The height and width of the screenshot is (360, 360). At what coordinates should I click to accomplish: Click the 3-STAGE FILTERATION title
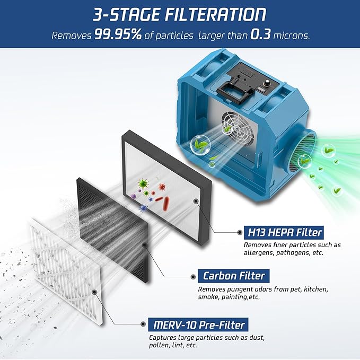(x=180, y=14)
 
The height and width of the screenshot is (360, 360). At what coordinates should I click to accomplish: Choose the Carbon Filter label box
(x=233, y=276)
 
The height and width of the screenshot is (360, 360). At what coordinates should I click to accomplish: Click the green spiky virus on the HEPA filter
(x=142, y=184)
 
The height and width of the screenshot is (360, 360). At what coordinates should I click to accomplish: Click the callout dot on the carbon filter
(x=145, y=245)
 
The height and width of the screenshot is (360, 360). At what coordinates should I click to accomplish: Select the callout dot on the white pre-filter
(x=94, y=291)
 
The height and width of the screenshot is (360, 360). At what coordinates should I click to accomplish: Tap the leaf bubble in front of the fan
(x=199, y=144)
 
